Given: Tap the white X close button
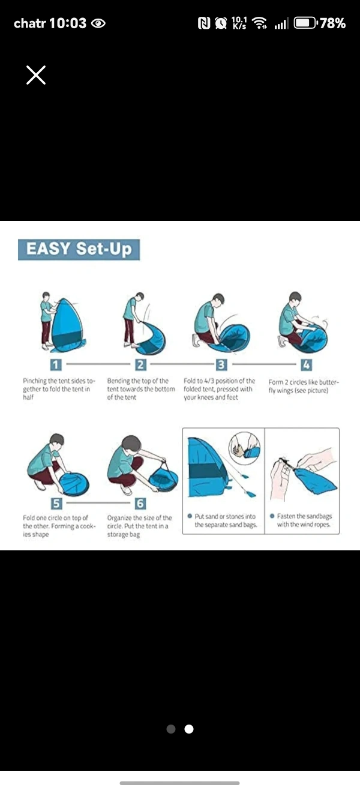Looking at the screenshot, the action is coord(36,75).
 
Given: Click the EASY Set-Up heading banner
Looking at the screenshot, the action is coord(79,250).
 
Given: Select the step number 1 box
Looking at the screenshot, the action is coord(56,364).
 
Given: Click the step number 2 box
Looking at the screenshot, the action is coord(140,364).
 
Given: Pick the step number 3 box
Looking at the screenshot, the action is coord(221,364).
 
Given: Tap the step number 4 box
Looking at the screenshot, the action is coord(307,364).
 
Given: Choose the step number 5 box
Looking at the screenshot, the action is coord(56,503).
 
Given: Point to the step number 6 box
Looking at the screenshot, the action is coord(140,503).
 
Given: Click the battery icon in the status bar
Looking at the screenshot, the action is coord(305,23).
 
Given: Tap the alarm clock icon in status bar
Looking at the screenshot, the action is coord(221,23).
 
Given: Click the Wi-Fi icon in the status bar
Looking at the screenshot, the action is coord(260,23).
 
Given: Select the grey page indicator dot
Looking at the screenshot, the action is coord(171,729).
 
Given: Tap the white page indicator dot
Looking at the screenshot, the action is coord(189,729).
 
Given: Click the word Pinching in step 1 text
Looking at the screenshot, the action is coord(35,381).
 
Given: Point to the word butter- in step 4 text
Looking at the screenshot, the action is coord(328,382).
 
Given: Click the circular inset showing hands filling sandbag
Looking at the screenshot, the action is coord(245,448).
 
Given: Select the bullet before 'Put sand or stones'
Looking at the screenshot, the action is coord(190,516).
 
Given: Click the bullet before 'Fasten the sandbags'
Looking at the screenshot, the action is coord(272,516).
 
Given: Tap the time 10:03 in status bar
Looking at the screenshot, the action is coord(68,23).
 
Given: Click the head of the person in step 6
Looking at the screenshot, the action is coord(131,444).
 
